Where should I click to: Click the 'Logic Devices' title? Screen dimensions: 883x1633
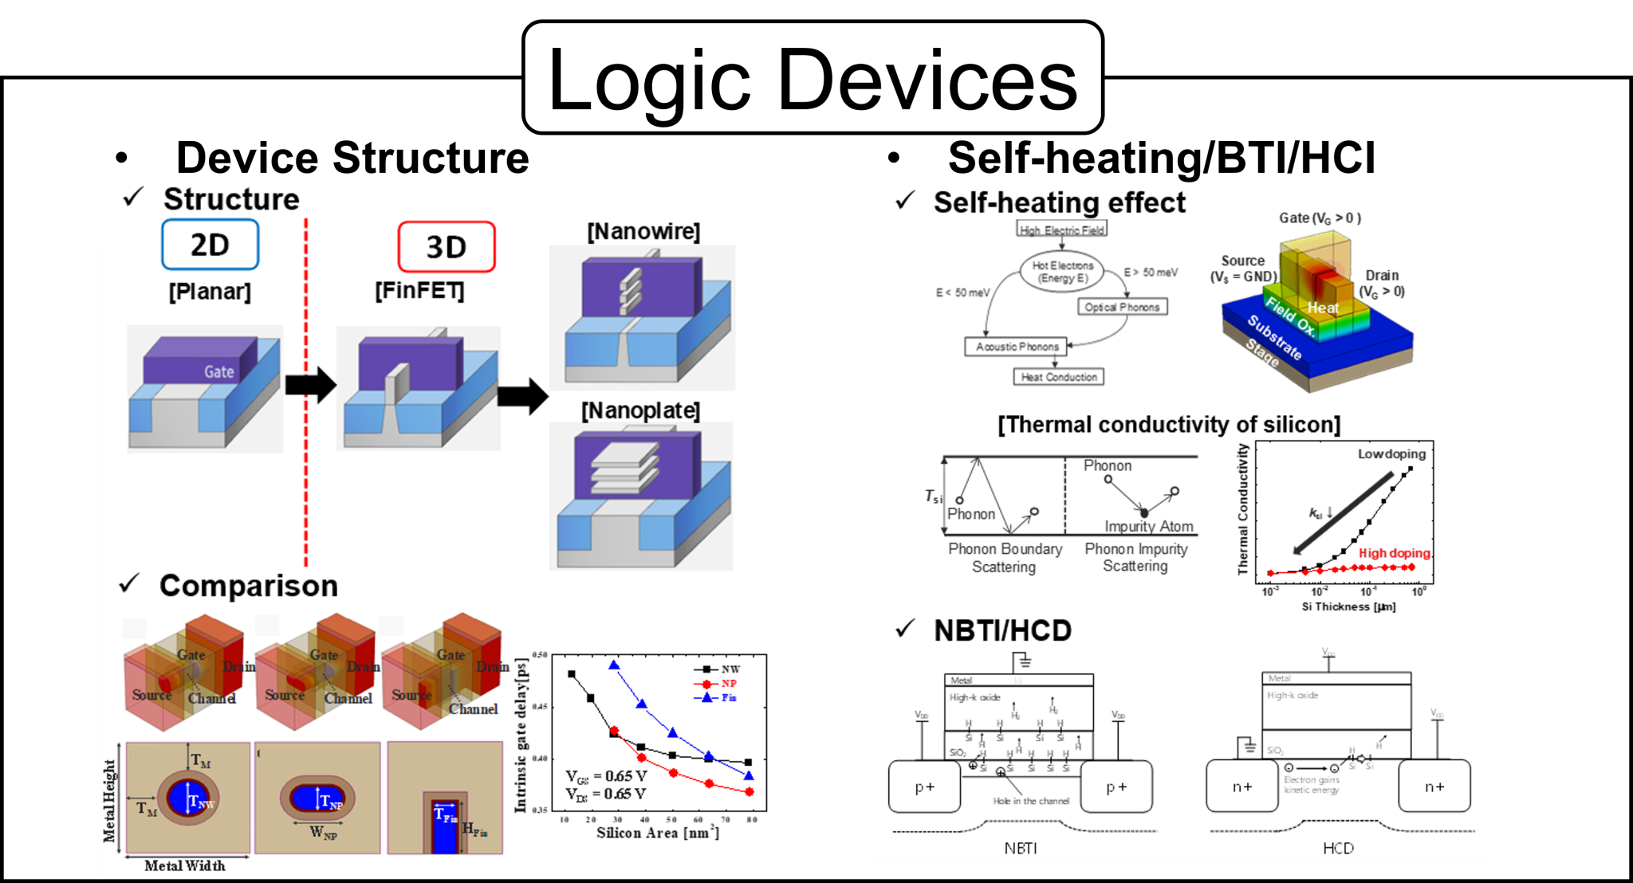point(813,78)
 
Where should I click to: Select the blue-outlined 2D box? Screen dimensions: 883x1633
point(210,245)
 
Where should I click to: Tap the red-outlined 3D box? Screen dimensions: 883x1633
point(446,247)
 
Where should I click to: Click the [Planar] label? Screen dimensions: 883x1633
point(210,292)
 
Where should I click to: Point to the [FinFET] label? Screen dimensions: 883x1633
point(419,291)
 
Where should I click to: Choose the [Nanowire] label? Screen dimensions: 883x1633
point(643,232)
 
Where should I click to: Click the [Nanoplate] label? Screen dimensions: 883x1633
point(640,411)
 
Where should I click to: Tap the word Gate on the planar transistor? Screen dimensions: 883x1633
point(218,371)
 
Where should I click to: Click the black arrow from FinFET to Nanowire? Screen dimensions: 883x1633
point(523,395)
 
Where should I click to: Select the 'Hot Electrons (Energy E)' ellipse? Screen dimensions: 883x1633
point(1062,272)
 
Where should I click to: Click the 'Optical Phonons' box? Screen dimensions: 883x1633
point(1122,307)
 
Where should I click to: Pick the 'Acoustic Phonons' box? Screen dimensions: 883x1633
point(1017,347)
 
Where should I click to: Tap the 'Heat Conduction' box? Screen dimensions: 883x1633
point(1059,377)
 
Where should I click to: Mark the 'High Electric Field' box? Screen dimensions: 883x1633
point(1062,230)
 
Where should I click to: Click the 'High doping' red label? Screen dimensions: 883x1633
point(1394,553)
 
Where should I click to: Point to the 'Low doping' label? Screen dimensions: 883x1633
point(1391,454)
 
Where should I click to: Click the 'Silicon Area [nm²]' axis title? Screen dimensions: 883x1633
point(657,833)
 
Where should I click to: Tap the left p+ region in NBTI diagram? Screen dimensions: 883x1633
point(924,787)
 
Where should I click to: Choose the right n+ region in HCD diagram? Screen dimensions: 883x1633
point(1434,787)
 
